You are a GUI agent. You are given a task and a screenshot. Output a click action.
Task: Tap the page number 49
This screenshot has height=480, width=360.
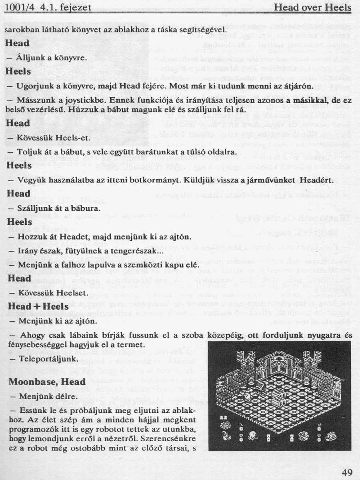(347, 473)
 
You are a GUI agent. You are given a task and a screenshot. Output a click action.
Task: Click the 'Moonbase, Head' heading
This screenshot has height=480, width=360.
(47, 382)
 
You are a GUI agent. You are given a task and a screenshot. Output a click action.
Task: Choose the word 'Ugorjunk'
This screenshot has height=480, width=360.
(32, 86)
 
